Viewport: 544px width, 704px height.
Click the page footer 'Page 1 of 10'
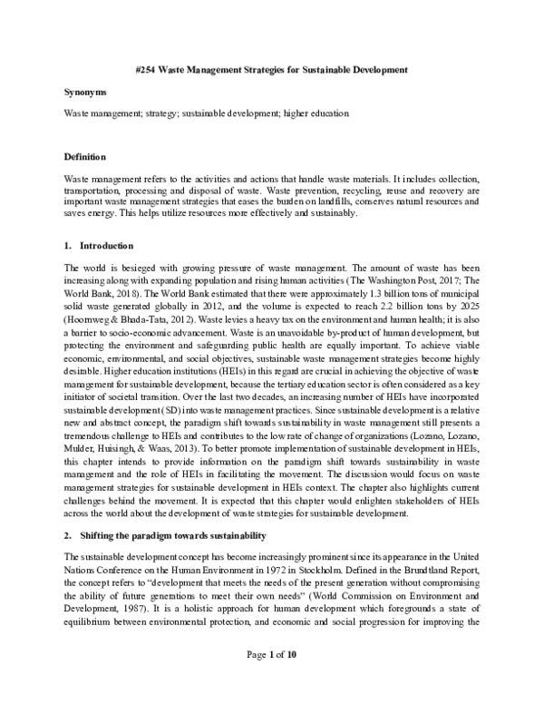(271, 680)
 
